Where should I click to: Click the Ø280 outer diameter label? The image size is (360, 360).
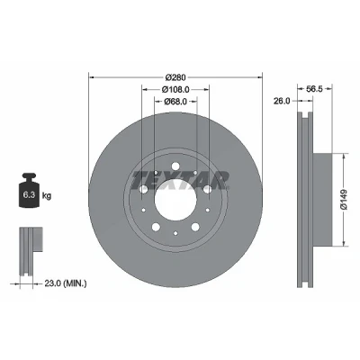(x=175, y=77)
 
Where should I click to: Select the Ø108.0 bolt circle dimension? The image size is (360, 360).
(x=175, y=89)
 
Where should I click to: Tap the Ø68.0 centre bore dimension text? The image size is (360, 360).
(x=175, y=102)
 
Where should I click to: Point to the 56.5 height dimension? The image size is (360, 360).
(x=315, y=89)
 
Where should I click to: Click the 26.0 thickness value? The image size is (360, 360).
(x=282, y=101)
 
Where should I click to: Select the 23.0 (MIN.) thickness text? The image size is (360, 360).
(x=66, y=283)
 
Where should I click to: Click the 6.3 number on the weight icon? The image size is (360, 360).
(x=29, y=195)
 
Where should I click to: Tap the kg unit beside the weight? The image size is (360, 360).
(x=47, y=196)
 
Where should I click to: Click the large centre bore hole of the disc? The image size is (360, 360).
(x=175, y=200)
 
